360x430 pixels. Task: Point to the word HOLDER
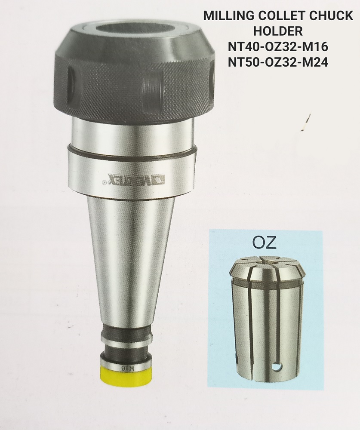(x=278, y=32)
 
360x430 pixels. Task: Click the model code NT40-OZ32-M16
(x=278, y=47)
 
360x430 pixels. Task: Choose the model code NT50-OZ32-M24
(x=278, y=63)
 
